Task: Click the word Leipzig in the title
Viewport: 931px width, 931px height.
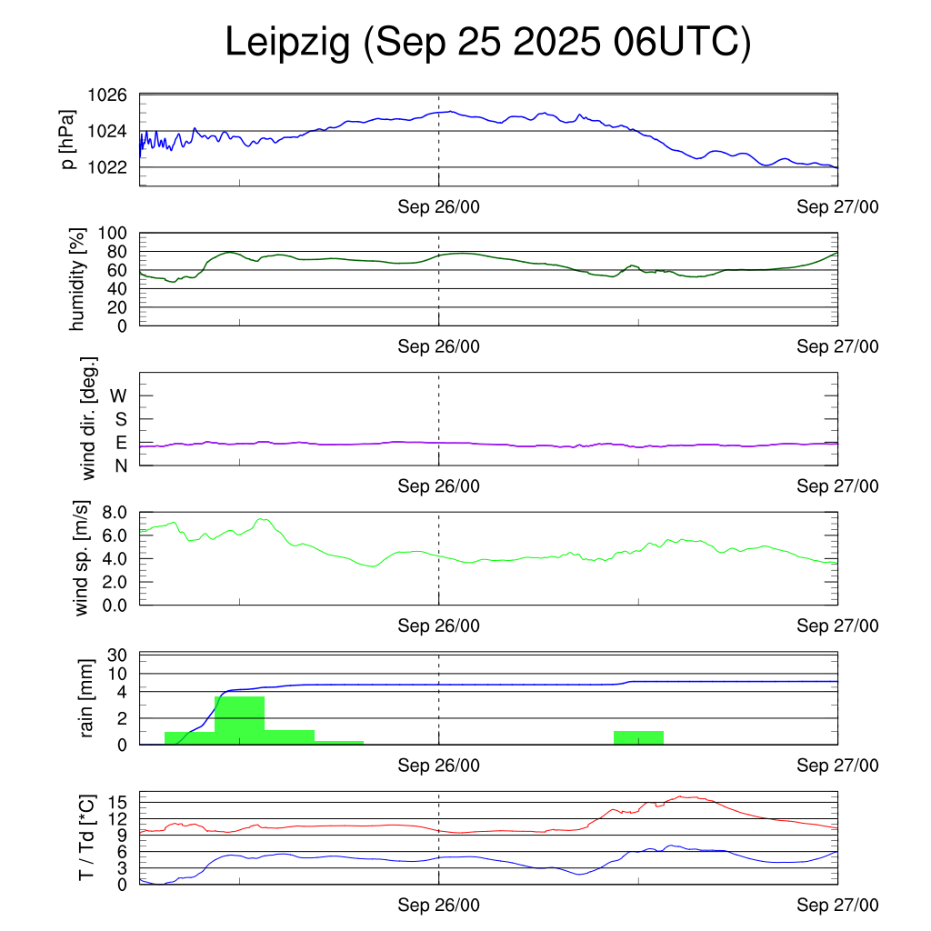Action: pyautogui.click(x=287, y=43)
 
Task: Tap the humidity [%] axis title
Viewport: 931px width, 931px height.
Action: pyautogui.click(x=76, y=279)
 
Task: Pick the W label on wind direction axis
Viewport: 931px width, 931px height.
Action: pyautogui.click(x=120, y=395)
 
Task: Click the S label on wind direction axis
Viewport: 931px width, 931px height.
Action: pyautogui.click(x=120, y=419)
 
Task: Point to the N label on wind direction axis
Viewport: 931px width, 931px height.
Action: pyautogui.click(x=120, y=465)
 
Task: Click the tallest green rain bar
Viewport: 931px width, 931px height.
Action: pyautogui.click(x=239, y=720)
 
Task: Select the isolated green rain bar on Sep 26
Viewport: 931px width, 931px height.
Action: pyautogui.click(x=638, y=737)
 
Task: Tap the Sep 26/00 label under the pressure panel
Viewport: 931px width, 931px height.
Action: pyautogui.click(x=439, y=207)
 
